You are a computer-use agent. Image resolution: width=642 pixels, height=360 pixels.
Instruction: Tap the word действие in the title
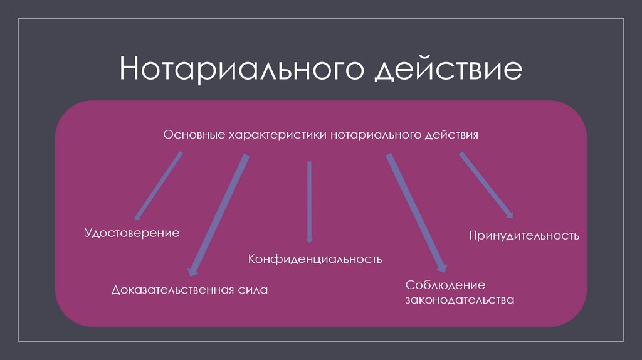(x=448, y=70)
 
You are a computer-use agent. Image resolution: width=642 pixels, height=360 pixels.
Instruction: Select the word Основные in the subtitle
(x=193, y=135)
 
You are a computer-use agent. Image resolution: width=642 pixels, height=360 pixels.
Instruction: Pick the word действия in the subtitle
(x=451, y=135)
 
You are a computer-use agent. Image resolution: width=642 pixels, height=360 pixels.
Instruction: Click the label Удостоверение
(x=132, y=233)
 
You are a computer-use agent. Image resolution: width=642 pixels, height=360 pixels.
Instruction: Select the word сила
(x=253, y=290)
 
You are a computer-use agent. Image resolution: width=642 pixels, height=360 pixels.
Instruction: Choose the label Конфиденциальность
(x=315, y=258)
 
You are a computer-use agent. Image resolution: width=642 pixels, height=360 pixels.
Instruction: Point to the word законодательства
(x=460, y=300)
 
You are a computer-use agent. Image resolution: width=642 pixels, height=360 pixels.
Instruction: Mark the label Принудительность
(x=524, y=236)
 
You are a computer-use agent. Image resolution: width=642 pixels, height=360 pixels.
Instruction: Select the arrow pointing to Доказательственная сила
(x=219, y=214)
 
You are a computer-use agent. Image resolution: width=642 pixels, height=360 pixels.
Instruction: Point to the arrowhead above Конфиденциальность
(x=309, y=239)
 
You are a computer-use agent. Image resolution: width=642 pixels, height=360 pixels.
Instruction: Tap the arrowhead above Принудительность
(x=510, y=213)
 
